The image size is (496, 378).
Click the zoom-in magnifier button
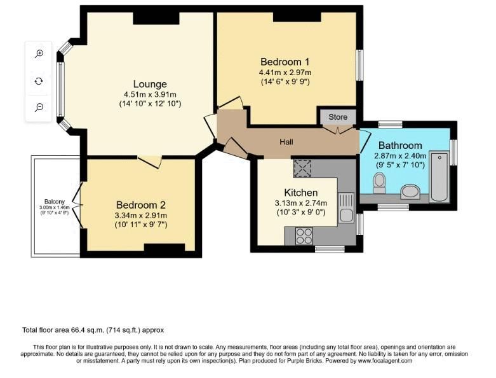(39, 54)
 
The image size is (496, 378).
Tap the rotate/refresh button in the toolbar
(39, 81)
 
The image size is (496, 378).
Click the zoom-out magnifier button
(39, 108)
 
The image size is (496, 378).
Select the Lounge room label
(150, 84)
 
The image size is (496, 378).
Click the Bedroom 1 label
(285, 62)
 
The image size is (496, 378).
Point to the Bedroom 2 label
(140, 205)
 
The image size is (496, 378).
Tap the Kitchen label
(300, 192)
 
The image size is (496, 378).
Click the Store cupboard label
(338, 117)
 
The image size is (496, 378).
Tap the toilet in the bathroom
(380, 183)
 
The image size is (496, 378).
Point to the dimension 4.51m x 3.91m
(150, 95)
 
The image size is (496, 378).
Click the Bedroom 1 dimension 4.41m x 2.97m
(285, 73)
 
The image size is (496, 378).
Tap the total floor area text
(93, 330)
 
